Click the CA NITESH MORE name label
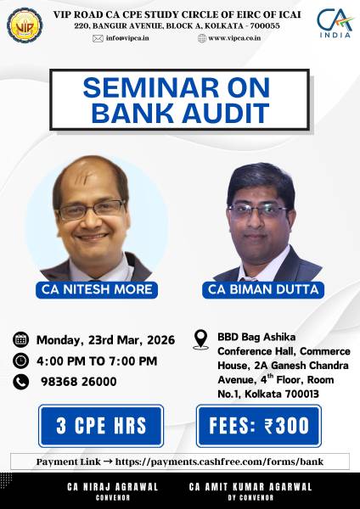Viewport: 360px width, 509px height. point(94,289)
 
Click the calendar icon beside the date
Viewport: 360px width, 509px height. point(21,340)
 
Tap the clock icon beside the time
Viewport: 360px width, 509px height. point(21,361)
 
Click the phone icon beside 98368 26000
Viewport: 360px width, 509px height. point(21,382)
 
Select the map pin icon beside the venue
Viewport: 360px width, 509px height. point(202,340)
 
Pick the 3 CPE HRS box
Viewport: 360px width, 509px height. point(105,426)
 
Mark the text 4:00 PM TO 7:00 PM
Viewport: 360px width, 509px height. point(97,361)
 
